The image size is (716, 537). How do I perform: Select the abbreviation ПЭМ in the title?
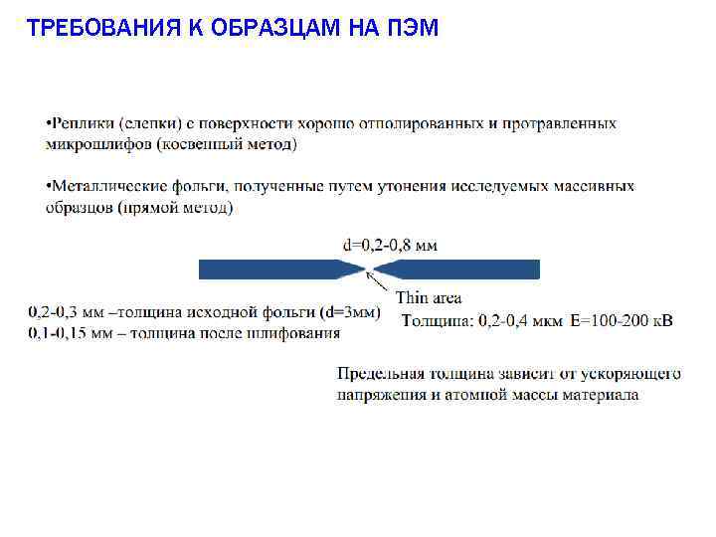click(x=417, y=27)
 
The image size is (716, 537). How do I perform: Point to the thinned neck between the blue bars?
click(x=369, y=268)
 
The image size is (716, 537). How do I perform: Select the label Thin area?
click(x=429, y=298)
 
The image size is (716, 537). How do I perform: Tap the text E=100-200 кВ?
click(x=623, y=320)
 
